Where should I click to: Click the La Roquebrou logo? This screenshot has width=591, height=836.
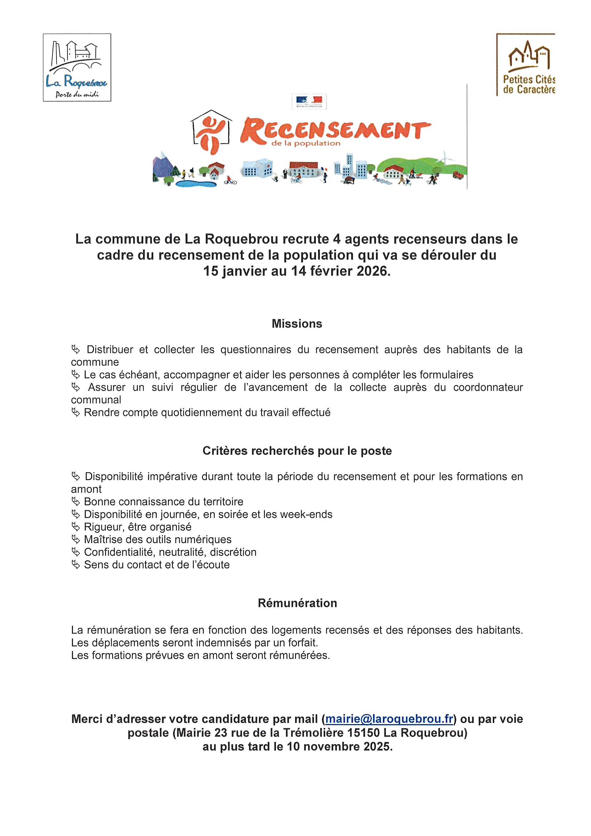point(77,67)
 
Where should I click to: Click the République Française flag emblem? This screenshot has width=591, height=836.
point(309,101)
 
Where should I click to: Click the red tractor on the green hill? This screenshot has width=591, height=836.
point(458,175)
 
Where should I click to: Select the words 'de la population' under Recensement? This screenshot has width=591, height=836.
point(306,143)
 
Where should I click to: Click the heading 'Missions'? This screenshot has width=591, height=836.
point(297,324)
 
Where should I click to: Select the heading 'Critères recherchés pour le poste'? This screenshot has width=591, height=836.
point(297,451)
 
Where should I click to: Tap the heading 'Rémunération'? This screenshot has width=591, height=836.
point(297,603)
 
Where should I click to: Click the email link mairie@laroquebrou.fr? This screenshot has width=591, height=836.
point(389,719)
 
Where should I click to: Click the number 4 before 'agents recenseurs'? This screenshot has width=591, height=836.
point(336,239)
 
